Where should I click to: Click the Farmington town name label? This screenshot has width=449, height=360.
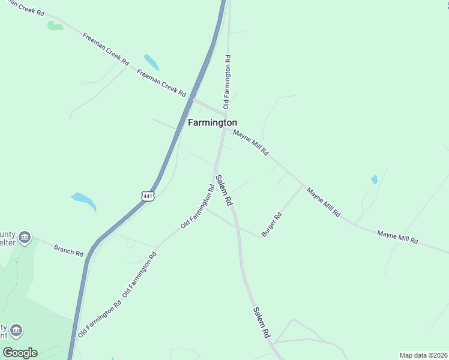212,122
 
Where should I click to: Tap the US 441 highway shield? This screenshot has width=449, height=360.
148,196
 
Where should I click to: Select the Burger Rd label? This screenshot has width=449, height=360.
271,224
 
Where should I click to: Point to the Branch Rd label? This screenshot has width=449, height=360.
68,250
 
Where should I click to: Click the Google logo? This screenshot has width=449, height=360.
20,353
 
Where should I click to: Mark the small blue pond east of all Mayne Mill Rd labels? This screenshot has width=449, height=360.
374,179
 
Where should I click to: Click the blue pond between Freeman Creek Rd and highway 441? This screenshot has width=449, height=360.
151,62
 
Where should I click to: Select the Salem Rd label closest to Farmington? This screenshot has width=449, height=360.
224,191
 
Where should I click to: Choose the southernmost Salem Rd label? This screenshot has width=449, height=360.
261,323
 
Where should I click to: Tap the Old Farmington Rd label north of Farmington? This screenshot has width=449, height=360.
228,82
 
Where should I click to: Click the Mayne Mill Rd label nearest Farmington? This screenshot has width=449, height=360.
250,143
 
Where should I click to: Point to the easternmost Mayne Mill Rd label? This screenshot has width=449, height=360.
397,236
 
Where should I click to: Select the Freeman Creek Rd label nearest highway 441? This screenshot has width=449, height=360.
161,82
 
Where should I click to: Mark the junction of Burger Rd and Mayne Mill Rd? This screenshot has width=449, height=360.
303,185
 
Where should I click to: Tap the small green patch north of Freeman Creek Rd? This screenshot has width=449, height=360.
55,26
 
